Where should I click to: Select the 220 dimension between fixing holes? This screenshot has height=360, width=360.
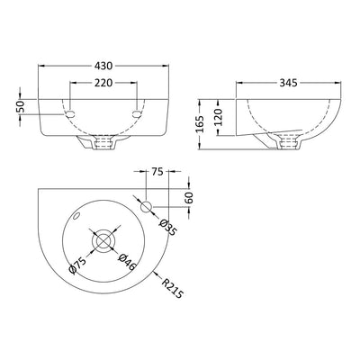[105, 82]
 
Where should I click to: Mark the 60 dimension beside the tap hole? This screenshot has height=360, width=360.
[189, 196]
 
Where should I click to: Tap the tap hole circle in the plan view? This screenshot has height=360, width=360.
[148, 203]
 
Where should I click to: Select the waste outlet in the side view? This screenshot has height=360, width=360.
[291, 139]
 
